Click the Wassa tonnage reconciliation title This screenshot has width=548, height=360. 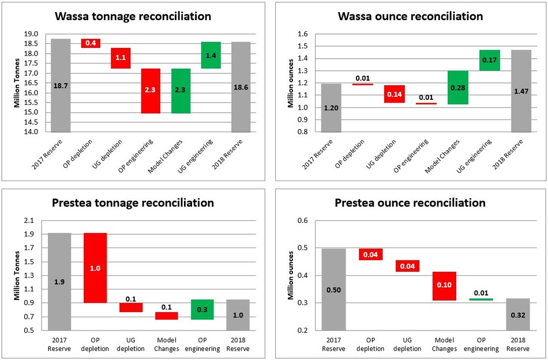(x=133, y=17)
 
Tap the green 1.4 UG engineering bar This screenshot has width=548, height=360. (x=211, y=55)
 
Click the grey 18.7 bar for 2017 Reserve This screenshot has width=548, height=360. (x=61, y=85)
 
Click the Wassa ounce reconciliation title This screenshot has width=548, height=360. (x=409, y=17)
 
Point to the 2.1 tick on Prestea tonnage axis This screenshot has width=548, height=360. (x=30, y=220)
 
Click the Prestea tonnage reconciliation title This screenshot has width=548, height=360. (x=133, y=203)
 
